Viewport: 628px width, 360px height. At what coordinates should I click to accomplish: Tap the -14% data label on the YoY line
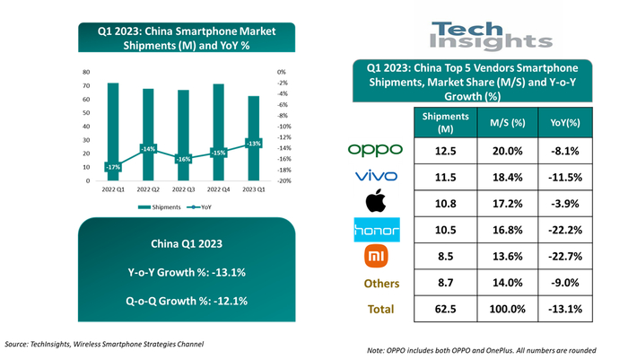[x=148, y=149]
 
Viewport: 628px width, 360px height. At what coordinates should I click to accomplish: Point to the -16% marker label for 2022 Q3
[x=182, y=159]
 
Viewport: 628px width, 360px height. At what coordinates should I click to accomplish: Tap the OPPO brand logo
[x=375, y=149]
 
